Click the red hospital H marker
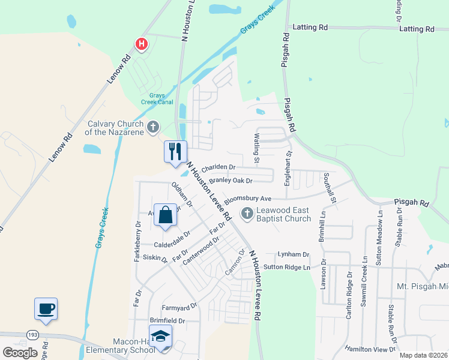click(x=142, y=44)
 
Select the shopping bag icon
click(x=165, y=214)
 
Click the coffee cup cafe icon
click(x=46, y=308)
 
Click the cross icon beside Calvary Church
click(x=154, y=127)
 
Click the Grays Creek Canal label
click(x=157, y=98)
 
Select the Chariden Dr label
click(x=218, y=168)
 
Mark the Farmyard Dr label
click(x=179, y=307)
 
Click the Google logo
click(x=20, y=352)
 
